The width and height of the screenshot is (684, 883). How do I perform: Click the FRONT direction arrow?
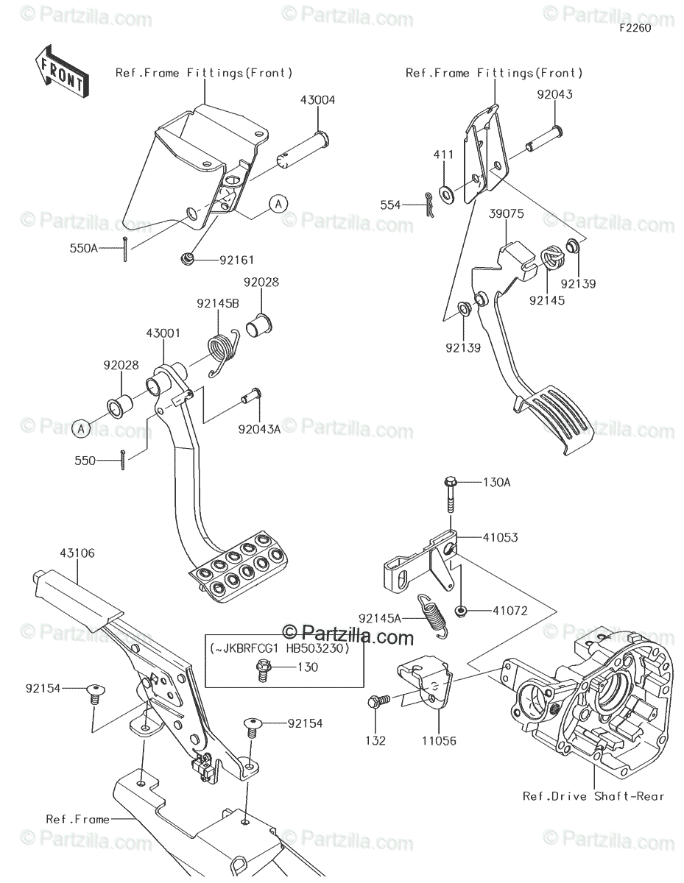tap(62, 71)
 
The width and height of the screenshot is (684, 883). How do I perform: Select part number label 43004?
tap(318, 100)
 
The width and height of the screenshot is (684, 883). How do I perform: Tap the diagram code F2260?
tap(635, 28)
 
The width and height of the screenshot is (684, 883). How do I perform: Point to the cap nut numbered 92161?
tap(186, 258)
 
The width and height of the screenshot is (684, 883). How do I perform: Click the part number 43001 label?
tap(163, 333)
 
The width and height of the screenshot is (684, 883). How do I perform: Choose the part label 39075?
tap(506, 213)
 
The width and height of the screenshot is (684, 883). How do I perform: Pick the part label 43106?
tap(77, 553)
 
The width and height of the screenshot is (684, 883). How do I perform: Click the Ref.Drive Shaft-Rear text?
tap(593, 796)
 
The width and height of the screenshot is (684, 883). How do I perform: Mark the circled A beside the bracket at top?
tap(278, 204)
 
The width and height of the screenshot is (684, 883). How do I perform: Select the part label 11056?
tap(439, 741)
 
